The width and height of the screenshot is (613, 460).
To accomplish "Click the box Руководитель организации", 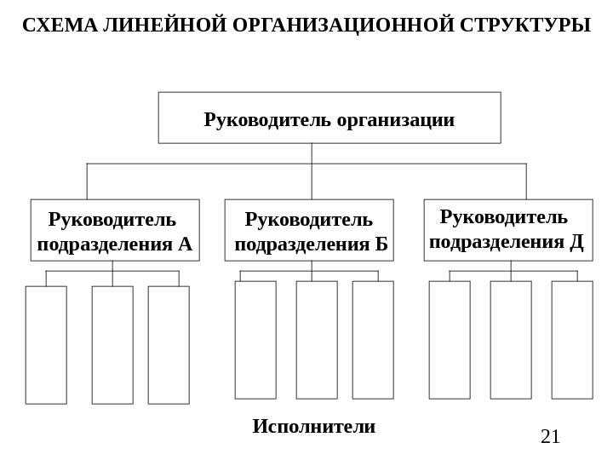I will pos(329,118).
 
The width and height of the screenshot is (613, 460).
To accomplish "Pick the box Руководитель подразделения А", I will pos(115,230).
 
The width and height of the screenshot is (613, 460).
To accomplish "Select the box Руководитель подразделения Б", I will pos(309,230).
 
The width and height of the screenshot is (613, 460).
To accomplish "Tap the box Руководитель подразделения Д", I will pos(508,229).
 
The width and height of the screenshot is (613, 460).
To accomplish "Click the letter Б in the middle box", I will pos(381,245).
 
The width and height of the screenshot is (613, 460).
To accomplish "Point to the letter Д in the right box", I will pos(576,242).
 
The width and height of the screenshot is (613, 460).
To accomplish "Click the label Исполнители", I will pos(313,426).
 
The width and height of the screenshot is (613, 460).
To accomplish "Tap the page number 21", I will pos(551,437).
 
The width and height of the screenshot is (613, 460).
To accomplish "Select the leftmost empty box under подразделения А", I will pos(46,345).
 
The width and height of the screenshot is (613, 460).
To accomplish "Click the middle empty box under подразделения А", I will pos(112,345).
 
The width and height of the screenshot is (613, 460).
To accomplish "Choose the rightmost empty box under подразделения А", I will pos(169,345).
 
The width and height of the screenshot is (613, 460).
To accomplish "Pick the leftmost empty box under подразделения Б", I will pos(255,340).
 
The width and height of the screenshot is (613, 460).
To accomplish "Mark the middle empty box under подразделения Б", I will pos(317,340).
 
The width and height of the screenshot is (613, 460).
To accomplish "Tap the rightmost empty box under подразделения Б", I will pos(373,340).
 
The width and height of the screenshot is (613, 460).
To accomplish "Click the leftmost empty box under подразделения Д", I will pos(450,340).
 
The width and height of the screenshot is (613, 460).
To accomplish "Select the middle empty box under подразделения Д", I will pos(511,340).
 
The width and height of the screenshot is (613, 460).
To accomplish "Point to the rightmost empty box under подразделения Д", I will pos(572,340).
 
